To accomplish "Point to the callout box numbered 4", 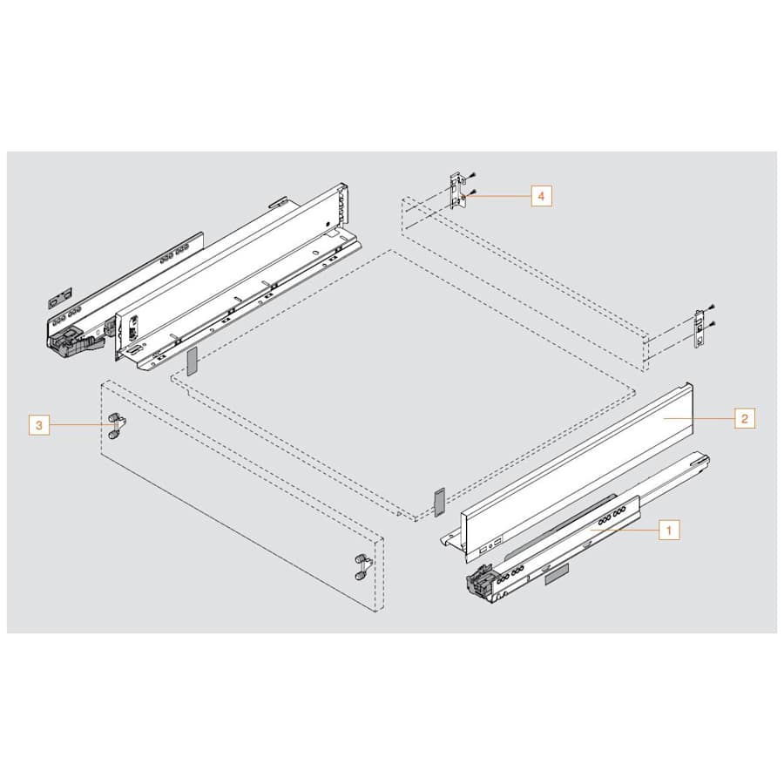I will (x=540, y=197).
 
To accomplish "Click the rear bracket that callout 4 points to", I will (x=456, y=192).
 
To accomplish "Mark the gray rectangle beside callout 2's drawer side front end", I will (x=438, y=501).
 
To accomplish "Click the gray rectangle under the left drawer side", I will (x=193, y=359).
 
